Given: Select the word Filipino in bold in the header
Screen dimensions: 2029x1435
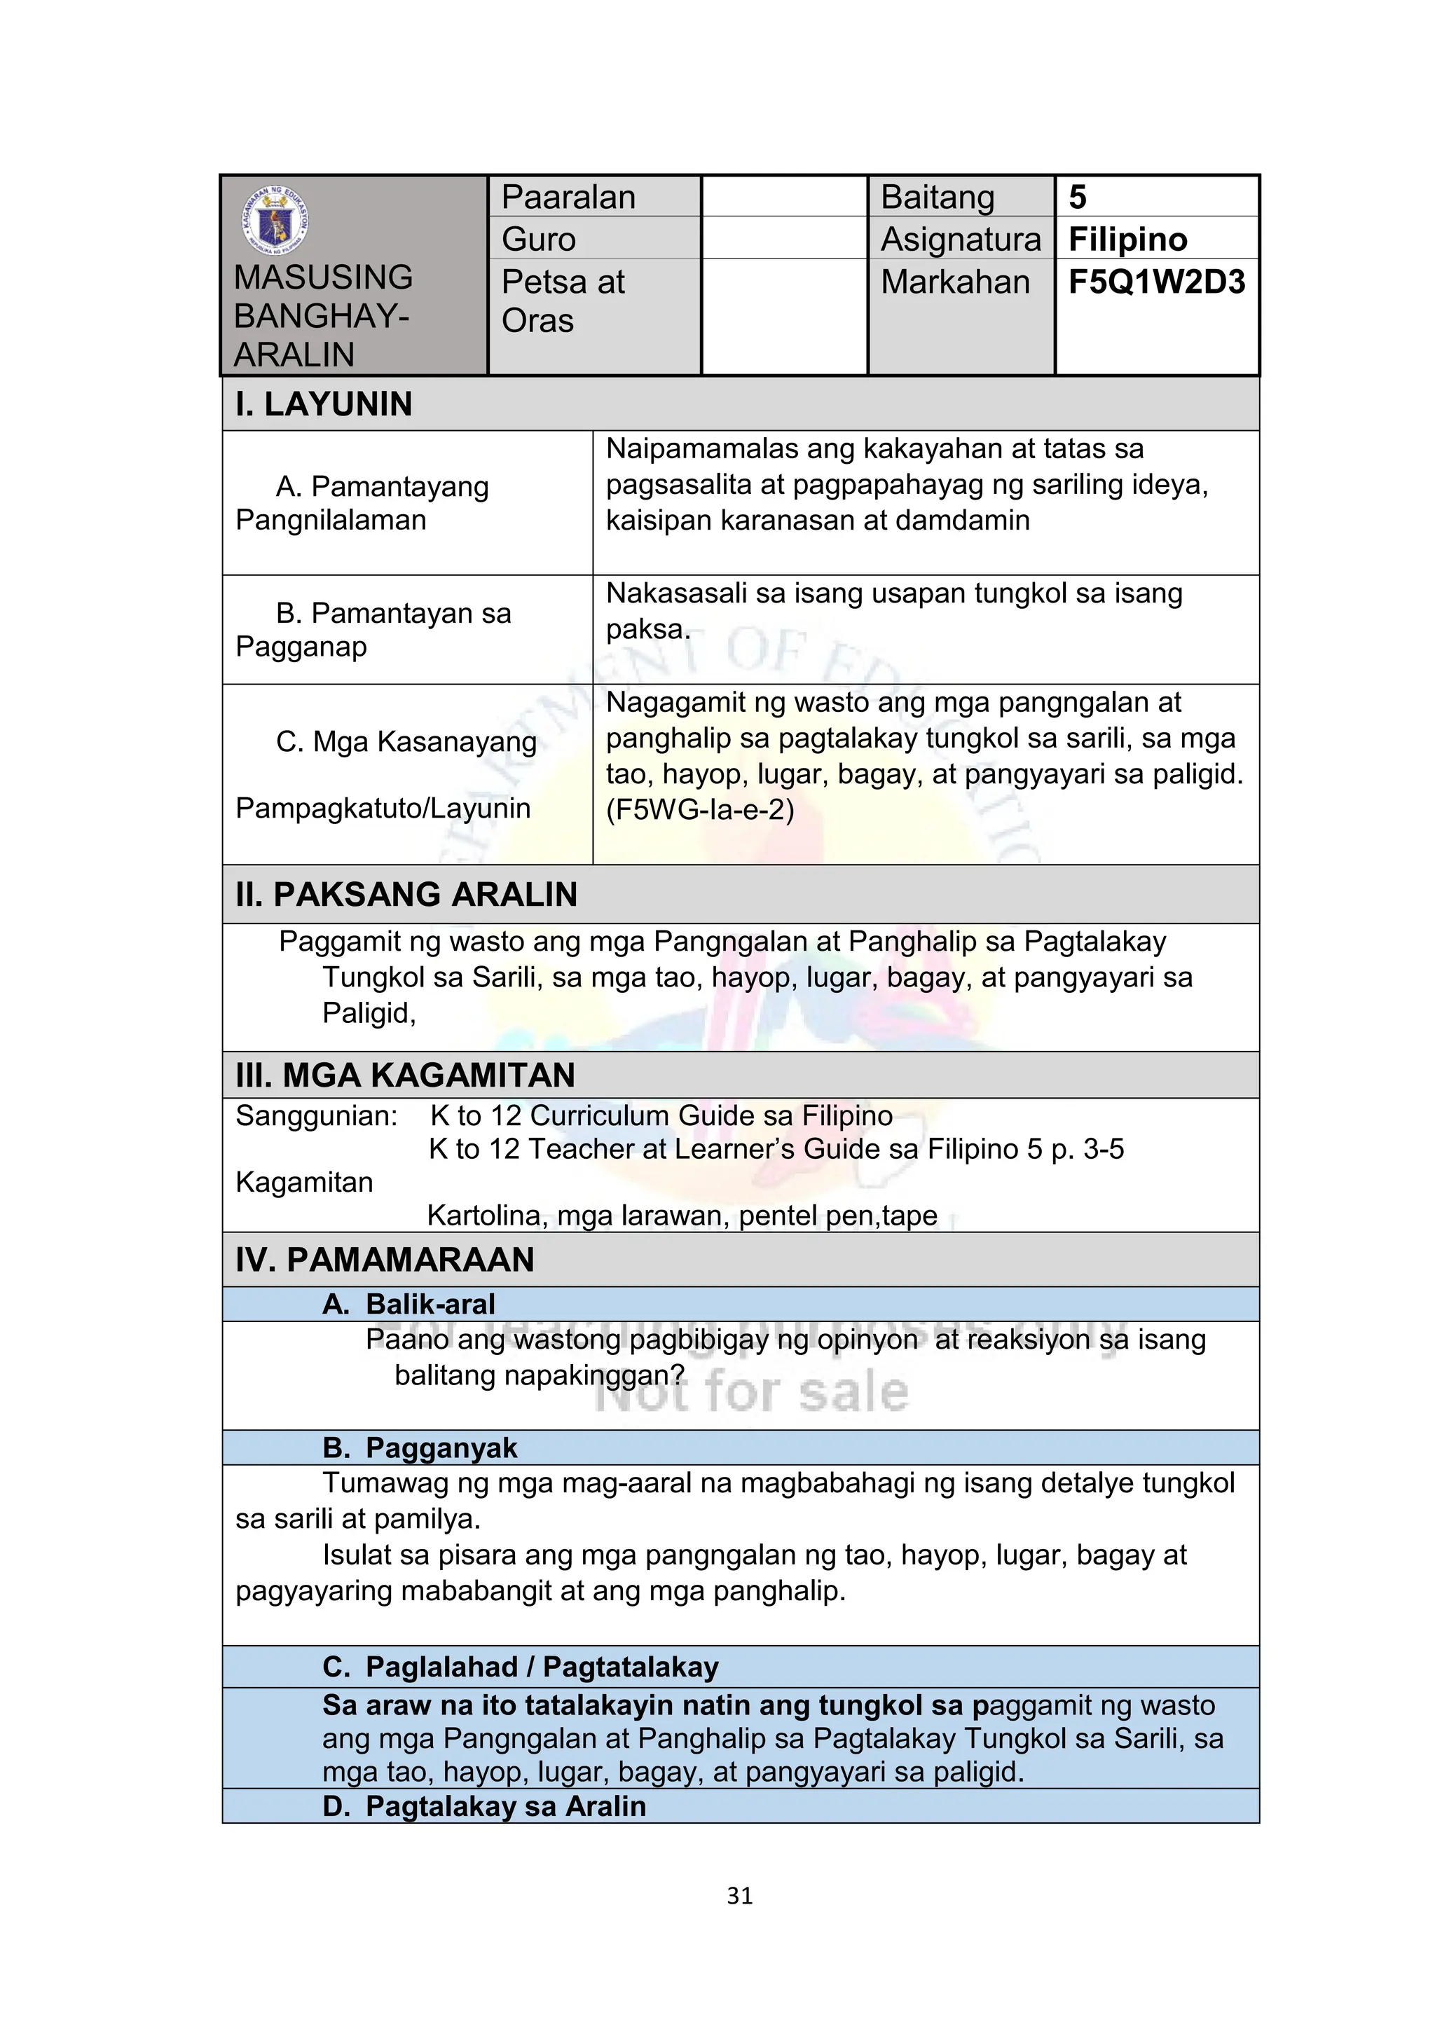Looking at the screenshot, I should click(x=1127, y=240).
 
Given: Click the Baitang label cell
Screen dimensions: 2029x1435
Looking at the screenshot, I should click(x=938, y=197).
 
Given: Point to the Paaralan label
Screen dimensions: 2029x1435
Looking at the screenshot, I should click(x=568, y=197).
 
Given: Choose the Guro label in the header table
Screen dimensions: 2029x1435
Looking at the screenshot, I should click(x=538, y=240).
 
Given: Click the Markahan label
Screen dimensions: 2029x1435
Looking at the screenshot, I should click(x=955, y=282).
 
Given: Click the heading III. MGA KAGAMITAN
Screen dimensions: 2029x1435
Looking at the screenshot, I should click(x=405, y=1075).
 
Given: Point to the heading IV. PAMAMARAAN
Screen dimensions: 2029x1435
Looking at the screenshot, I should click(x=385, y=1259).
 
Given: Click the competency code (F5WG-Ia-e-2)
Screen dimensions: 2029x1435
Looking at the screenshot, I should click(x=700, y=809).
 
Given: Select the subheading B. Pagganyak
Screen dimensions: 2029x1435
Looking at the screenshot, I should click(x=420, y=1447).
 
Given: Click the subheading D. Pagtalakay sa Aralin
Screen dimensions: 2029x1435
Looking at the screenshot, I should click(x=484, y=1806).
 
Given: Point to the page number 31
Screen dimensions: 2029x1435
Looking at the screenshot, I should click(x=740, y=1896).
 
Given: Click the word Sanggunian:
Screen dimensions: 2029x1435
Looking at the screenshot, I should click(x=316, y=1116).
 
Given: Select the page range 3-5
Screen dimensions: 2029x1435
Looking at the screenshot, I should click(x=1103, y=1149).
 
